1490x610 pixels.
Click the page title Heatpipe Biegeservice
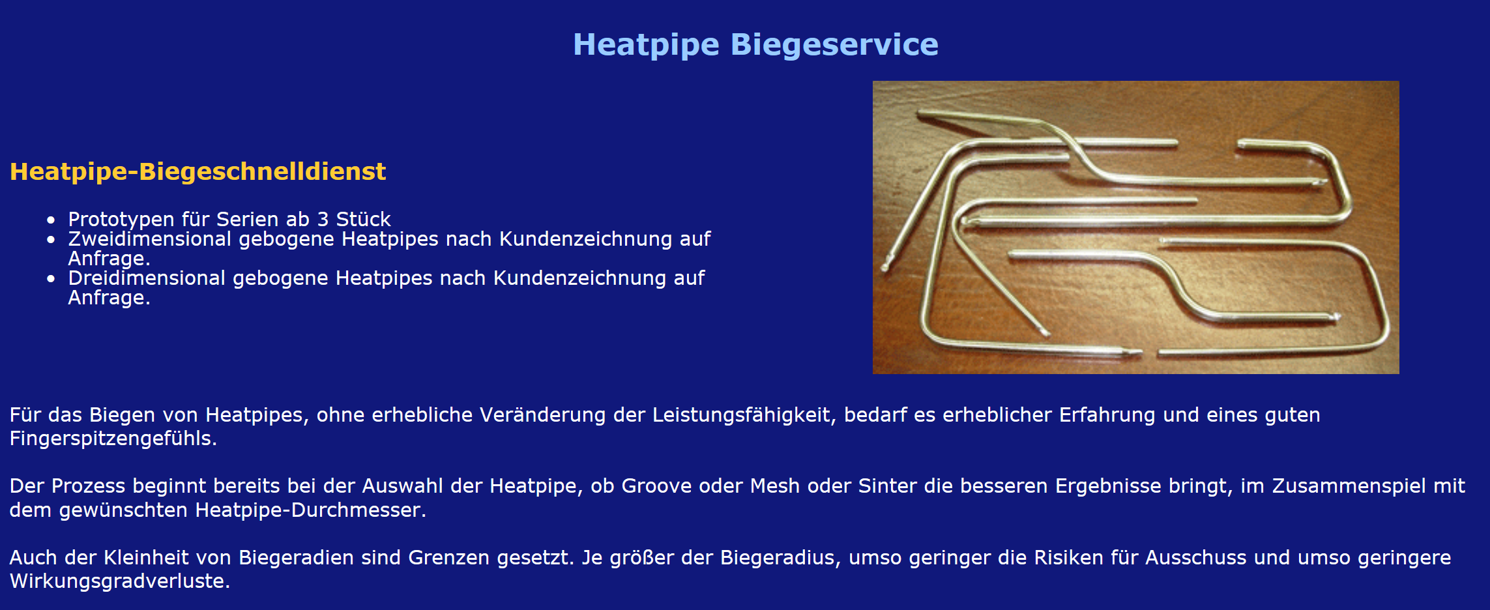click(x=755, y=45)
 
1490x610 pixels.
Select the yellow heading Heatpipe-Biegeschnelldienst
click(x=197, y=171)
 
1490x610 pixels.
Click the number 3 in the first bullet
click(x=323, y=219)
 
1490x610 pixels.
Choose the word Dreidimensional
click(x=147, y=278)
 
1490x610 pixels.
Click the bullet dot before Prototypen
click(x=51, y=220)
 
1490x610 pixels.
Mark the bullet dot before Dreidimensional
click(x=51, y=279)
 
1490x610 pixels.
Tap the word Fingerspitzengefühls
click(x=113, y=439)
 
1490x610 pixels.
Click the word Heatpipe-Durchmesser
click(x=310, y=510)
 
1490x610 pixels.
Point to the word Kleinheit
click(x=168, y=558)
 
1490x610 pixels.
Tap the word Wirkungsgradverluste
click(x=120, y=581)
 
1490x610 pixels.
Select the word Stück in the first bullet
click(x=363, y=219)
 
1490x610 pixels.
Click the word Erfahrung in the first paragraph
click(x=1107, y=415)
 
